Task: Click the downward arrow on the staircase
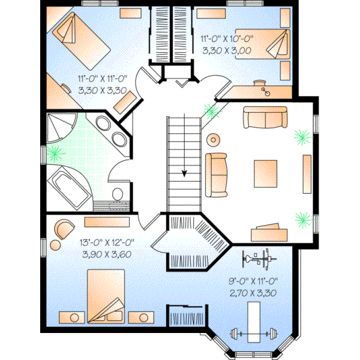tap(184, 173)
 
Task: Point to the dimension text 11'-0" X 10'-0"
tap(227, 39)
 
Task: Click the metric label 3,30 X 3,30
tap(101, 91)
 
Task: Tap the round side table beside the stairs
tap(213, 140)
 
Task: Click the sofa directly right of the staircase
tap(217, 173)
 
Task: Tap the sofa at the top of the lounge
tap(262, 117)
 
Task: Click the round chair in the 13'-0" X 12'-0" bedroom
tap(62, 229)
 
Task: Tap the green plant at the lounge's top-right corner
tap(299, 137)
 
